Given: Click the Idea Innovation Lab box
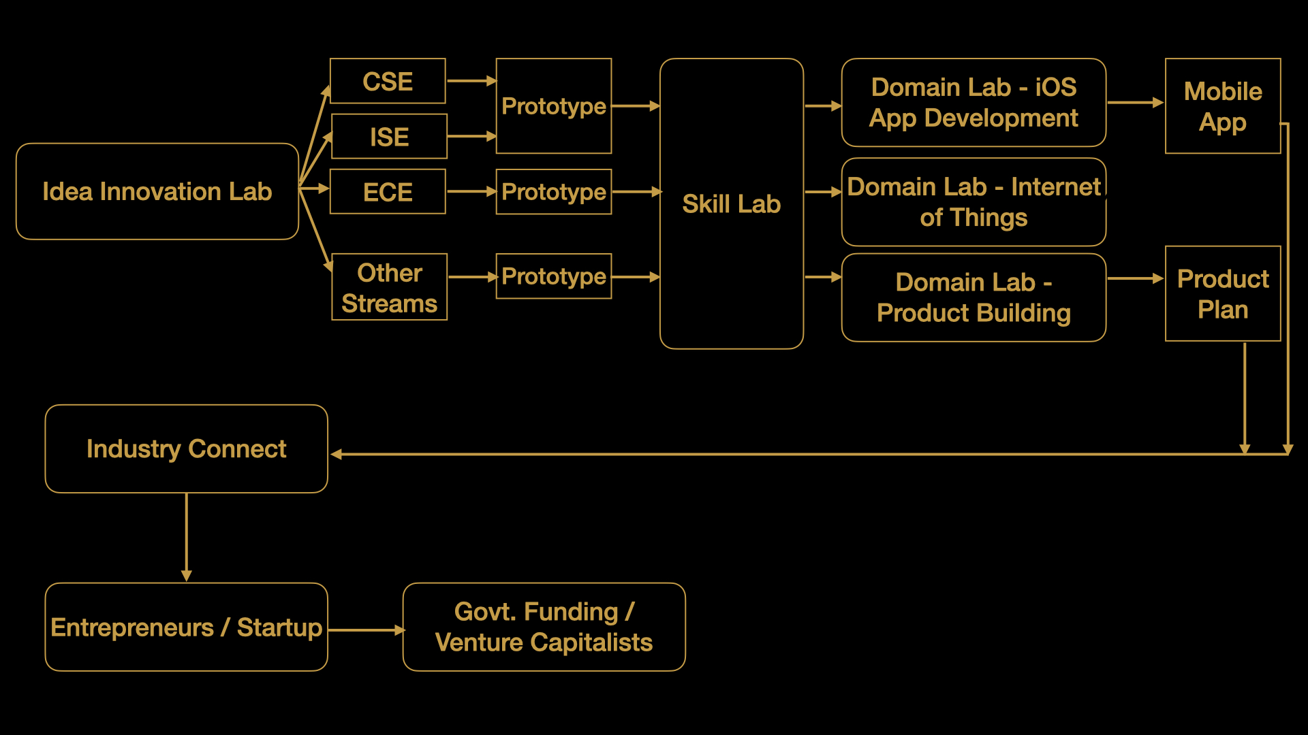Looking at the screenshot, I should click(157, 191).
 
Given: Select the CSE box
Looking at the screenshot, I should click(388, 81).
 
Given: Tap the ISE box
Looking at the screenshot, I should click(389, 137).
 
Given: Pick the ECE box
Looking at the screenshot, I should click(388, 192).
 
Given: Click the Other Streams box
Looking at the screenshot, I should click(389, 287).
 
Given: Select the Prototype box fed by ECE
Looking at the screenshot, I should click(553, 192).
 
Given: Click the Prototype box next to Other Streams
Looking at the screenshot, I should click(553, 276).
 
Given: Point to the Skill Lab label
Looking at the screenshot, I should click(731, 204).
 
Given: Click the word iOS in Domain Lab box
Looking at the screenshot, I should click(1055, 87).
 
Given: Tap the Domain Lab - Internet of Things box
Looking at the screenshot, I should click(974, 202).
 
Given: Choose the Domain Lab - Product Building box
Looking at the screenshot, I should click(974, 297).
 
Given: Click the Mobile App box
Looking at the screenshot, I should click(1223, 106).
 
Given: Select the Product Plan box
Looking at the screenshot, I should click(1223, 294).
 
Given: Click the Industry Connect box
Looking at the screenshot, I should click(186, 449).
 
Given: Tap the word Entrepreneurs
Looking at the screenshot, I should click(132, 627).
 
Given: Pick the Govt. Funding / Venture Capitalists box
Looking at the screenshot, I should click(544, 627).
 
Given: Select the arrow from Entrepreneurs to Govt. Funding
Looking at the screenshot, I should click(365, 630).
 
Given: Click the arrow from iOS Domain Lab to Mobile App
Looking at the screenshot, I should click(1134, 103).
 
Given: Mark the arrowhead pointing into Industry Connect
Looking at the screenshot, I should click(337, 454).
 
